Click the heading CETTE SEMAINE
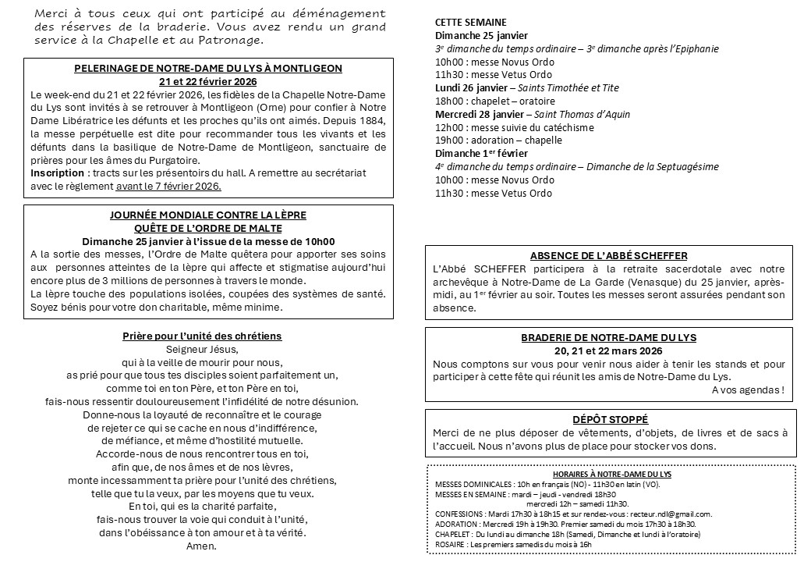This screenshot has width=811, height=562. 470,23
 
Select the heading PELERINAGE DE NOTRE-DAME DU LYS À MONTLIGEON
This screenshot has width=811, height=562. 208,69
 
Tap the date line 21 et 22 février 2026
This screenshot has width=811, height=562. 208,81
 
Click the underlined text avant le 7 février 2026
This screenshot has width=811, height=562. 168,186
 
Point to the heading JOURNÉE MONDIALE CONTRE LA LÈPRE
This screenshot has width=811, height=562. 208,215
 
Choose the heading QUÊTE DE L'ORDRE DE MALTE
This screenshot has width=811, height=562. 208,228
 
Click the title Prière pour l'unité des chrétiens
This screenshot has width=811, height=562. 202,336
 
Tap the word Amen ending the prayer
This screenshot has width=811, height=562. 201,546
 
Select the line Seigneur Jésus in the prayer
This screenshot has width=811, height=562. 201,350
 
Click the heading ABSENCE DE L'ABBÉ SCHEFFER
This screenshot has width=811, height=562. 609,255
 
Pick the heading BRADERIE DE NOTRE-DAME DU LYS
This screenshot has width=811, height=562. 609,338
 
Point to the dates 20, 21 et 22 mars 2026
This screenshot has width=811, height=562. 609,350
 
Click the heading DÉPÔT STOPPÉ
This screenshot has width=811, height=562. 609,419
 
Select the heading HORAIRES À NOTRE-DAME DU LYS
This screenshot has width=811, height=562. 611,474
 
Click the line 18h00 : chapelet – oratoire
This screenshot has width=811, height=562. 495,101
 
